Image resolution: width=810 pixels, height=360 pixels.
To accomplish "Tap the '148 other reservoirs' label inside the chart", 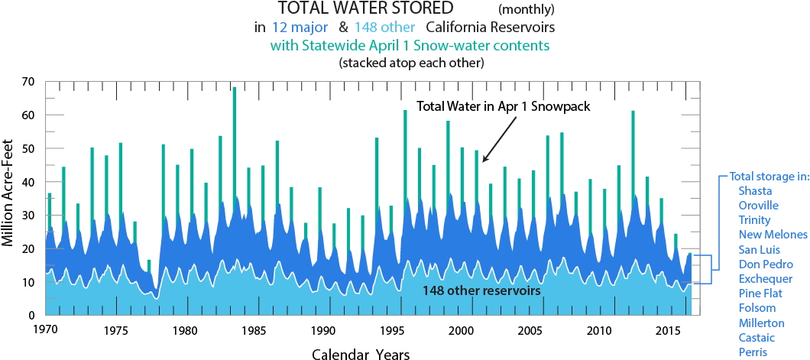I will tap(482, 291).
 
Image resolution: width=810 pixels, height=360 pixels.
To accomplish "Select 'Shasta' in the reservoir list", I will tap(755, 191).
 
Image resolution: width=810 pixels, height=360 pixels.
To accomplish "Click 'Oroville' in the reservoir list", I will tap(759, 206).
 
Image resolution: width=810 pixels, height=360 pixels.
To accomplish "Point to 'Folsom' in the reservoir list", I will tap(757, 308).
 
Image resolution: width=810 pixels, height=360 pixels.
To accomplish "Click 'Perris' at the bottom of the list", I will tap(753, 352).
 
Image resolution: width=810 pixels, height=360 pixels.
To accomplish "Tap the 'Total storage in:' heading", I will tap(769, 177).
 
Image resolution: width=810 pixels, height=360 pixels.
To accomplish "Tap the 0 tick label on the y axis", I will tap(33, 316).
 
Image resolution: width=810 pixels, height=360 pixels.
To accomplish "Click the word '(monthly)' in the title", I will tap(526, 10).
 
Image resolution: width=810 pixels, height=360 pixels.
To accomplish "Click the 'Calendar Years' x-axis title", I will tap(361, 354).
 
